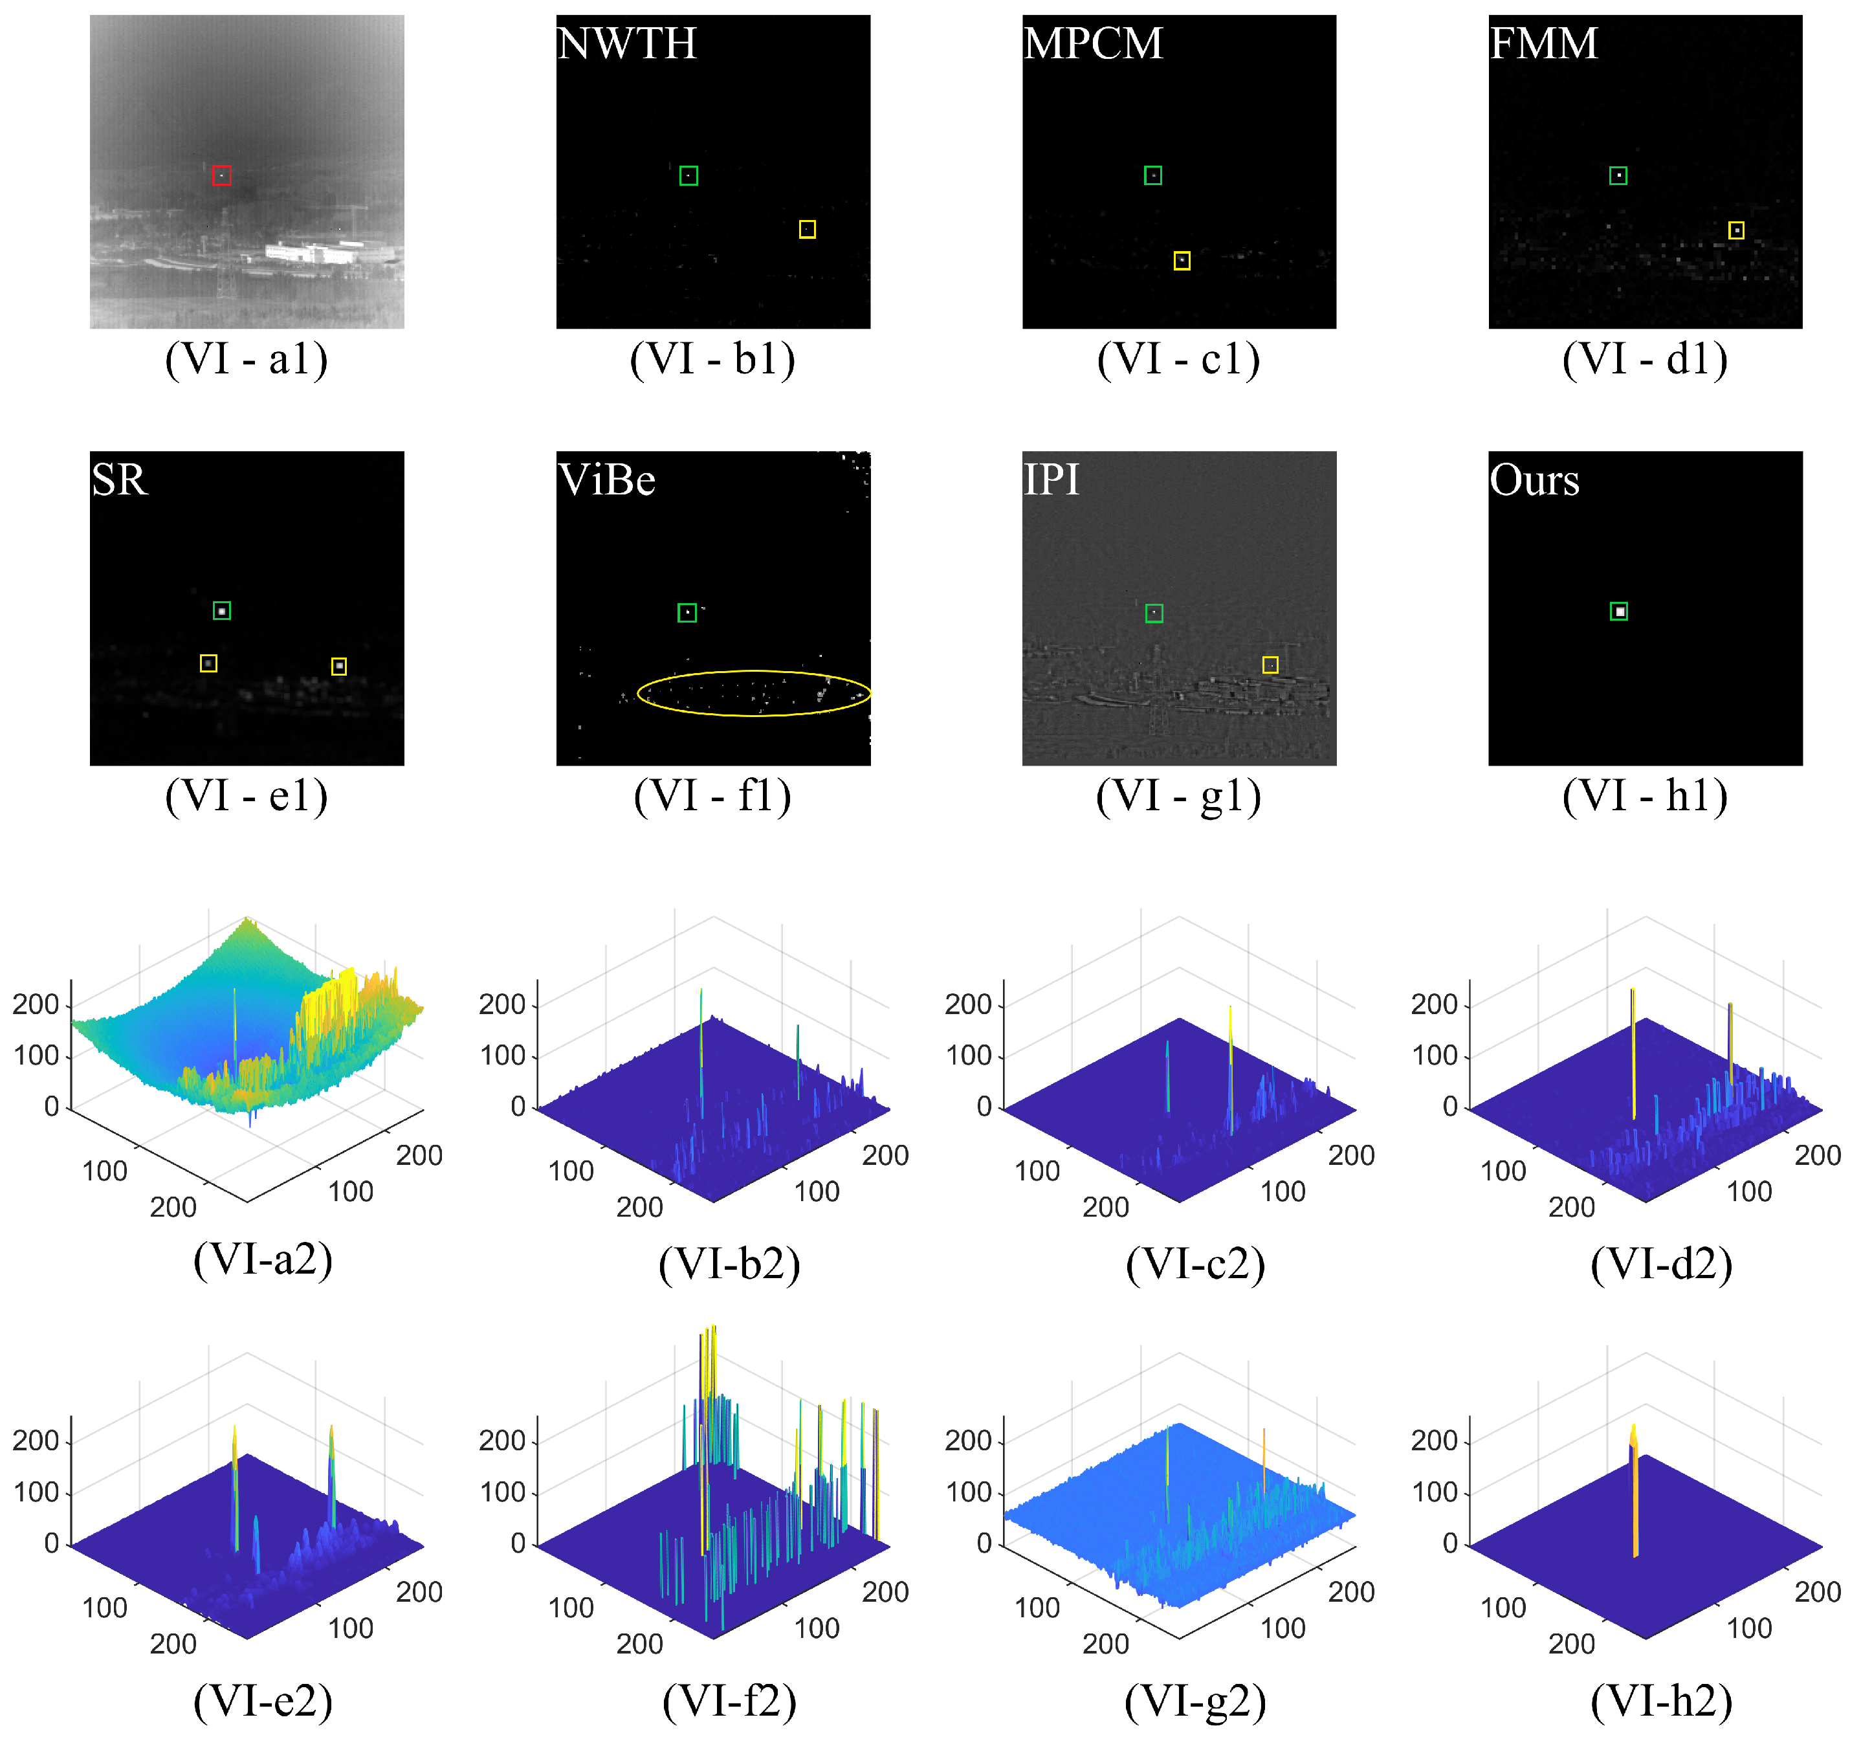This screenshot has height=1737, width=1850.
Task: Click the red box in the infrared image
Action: point(221,175)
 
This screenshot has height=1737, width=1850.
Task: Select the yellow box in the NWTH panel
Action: point(807,229)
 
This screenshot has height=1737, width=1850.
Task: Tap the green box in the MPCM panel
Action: point(1153,175)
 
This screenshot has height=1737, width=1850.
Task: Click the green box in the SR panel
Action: point(221,611)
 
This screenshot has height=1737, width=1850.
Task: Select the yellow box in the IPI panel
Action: point(1270,665)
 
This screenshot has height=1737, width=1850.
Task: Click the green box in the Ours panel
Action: point(1619,612)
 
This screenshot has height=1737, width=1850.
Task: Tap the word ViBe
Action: point(607,480)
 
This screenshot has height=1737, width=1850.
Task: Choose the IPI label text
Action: point(1051,480)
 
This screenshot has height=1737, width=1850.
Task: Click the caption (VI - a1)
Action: point(247,359)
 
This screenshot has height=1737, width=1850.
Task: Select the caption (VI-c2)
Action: point(1195,1264)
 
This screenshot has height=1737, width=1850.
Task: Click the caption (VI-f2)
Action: point(729,1701)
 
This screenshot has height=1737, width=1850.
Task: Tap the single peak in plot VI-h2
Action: point(1634,1489)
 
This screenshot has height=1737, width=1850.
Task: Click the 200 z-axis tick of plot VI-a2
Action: point(36,1004)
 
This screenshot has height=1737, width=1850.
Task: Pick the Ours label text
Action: point(1534,480)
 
